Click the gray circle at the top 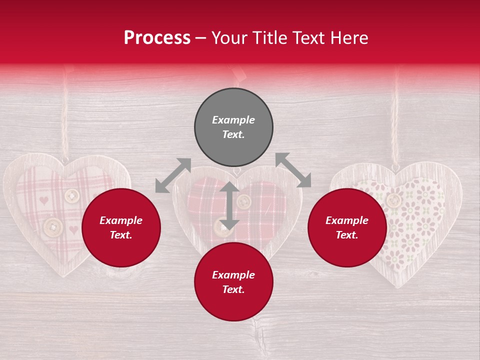click(233, 127)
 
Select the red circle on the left click(121, 227)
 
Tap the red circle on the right click(347, 227)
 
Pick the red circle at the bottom click(233, 282)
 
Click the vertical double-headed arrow click(229, 205)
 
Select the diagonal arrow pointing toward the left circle click(173, 175)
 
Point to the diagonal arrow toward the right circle click(293, 170)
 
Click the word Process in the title click(157, 38)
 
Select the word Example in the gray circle click(233, 120)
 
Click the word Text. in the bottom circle click(233, 289)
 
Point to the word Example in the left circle click(121, 220)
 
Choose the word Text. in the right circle click(347, 235)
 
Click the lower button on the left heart click(53, 227)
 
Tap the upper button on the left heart click(72, 195)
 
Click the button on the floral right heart click(394, 200)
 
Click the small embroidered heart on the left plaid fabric click(44, 200)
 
